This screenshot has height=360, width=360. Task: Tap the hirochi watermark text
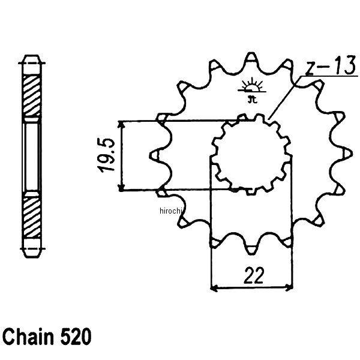click(x=172, y=211)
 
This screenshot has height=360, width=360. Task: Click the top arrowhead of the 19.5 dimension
click(x=122, y=124)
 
